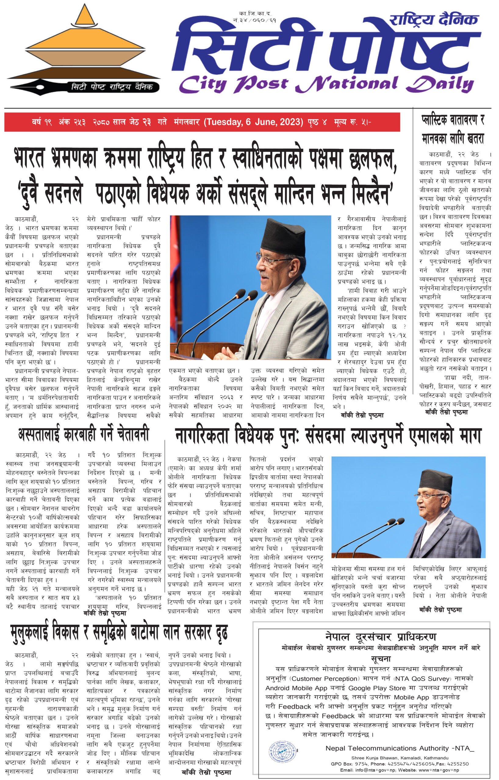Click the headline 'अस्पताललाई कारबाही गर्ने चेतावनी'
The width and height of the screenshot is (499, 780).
(84, 434)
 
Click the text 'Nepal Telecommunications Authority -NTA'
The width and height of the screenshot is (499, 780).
(400, 748)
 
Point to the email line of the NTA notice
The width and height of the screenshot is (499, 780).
(400, 770)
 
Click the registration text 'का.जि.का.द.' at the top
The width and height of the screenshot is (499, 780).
(255, 13)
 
